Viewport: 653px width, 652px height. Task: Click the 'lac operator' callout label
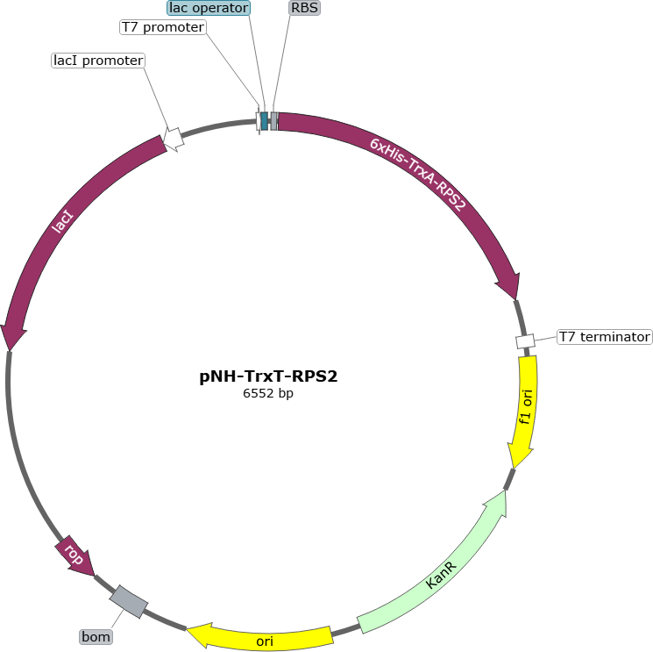click(209, 8)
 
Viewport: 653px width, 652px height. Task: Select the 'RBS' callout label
click(304, 8)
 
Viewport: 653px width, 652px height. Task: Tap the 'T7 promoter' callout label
click(163, 27)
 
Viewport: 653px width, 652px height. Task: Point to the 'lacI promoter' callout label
click(98, 61)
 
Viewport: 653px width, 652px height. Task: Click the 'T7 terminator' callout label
click(605, 337)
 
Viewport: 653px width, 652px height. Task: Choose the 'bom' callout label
click(96, 636)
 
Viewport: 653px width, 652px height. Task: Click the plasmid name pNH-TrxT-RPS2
click(268, 376)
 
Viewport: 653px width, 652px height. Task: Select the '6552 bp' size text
click(268, 393)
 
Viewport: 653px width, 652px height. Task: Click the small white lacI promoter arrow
click(174, 139)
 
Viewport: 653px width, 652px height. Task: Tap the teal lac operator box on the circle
click(264, 121)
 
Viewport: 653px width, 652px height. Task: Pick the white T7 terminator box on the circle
click(525, 341)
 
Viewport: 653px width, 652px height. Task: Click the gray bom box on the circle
click(129, 602)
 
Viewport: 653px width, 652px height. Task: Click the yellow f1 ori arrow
click(525, 411)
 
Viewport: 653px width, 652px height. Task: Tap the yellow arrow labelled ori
click(260, 636)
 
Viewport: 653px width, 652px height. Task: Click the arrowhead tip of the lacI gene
click(9, 351)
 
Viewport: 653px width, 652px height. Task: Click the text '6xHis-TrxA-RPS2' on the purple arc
click(418, 175)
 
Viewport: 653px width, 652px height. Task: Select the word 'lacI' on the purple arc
click(62, 221)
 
